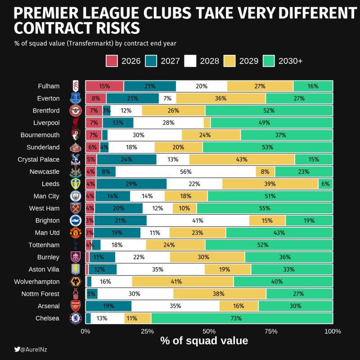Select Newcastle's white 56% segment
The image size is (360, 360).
[x=185, y=171]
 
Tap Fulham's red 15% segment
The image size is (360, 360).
[x=104, y=86]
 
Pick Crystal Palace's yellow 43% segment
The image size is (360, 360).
[x=242, y=159]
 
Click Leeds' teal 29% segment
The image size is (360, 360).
[x=131, y=184]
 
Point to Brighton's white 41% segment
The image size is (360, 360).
[x=198, y=220]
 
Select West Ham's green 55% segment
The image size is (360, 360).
[x=265, y=208]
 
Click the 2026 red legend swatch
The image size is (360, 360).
[x=112, y=61]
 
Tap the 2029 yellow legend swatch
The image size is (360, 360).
[x=230, y=61]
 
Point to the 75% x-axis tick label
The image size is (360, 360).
[x=271, y=332]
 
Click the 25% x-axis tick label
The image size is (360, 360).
[x=148, y=332]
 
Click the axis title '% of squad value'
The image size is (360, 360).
[x=204, y=341]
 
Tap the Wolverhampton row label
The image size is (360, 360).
[x=40, y=282]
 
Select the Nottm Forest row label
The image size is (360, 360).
[x=40, y=294]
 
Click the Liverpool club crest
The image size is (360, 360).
[x=75, y=123]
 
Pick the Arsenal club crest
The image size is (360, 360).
[x=75, y=306]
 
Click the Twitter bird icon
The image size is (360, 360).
[x=17, y=349]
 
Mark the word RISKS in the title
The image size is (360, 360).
[x=113, y=28]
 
